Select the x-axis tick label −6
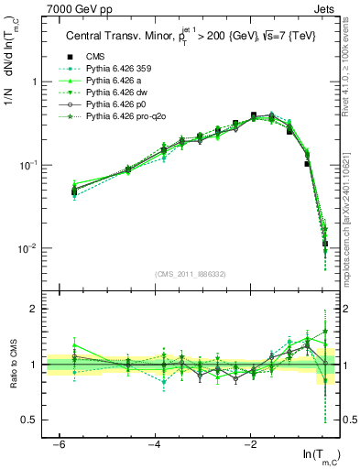click(x=59, y=443)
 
